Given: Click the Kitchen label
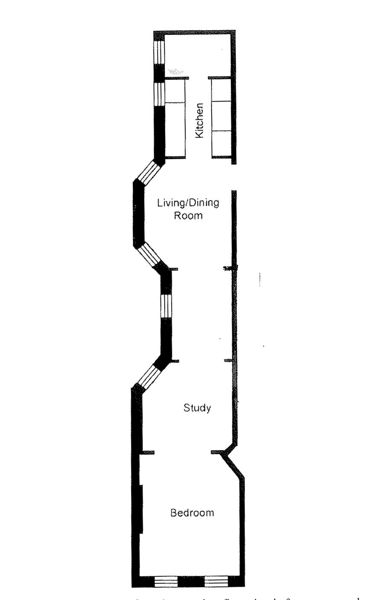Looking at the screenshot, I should [x=199, y=121].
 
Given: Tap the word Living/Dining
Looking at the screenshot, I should [x=188, y=203].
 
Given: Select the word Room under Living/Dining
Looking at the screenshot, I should [x=188, y=216].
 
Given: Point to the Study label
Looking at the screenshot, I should [x=197, y=408].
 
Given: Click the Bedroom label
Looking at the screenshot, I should [x=192, y=513].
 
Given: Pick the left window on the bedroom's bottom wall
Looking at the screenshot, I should [x=166, y=581].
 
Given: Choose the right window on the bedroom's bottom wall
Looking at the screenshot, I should [x=216, y=581].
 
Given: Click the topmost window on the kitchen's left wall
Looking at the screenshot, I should [x=159, y=52].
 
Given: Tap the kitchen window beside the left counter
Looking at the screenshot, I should [x=159, y=94].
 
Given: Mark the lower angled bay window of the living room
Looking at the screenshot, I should [x=150, y=255].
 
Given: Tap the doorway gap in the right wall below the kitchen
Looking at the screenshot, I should [x=233, y=177].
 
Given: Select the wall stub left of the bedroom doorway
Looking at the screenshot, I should [x=148, y=452].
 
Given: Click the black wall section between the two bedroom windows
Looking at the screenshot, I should [x=191, y=581].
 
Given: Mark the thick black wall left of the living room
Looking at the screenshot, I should [x=138, y=213].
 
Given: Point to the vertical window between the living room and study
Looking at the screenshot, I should [x=166, y=306].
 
